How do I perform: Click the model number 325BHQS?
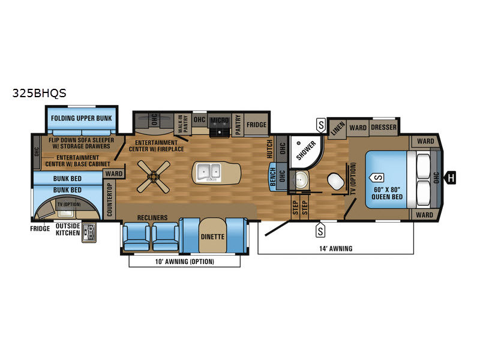coord(39,93)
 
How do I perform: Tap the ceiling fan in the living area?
coord(154,176)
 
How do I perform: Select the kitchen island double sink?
coord(208,172)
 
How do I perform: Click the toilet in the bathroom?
coord(336,181)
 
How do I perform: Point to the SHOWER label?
coord(306,151)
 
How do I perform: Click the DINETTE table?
coord(212,235)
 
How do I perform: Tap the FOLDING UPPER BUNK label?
coord(82,118)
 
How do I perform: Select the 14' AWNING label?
coord(336,248)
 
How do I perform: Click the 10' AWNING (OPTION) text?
coord(184,262)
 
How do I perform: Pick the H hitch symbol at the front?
coord(451,178)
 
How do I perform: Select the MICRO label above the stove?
coord(220,121)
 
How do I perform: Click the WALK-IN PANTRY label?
coord(183,124)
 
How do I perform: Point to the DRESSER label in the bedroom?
coord(383,127)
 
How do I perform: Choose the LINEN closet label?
coord(338,128)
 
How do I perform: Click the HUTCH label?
coord(269,149)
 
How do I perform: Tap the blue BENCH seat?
coord(272,176)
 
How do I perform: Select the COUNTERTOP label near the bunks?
coord(110,200)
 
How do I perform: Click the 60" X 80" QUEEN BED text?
coord(387,193)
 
